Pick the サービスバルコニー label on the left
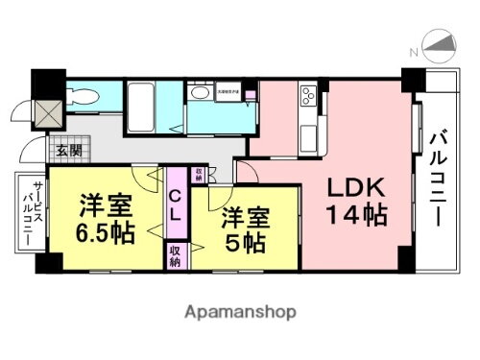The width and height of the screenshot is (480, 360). pos(26,213)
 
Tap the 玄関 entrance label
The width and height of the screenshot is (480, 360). pos(67,151)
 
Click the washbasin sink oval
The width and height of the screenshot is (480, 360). pos(200,93)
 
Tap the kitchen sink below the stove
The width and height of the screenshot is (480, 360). pos(313,130)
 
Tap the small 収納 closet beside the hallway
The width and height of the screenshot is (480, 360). pos(198,174)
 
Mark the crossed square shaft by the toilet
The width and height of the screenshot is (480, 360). pos(46,111)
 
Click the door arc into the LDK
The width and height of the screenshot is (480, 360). pos(246,173)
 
